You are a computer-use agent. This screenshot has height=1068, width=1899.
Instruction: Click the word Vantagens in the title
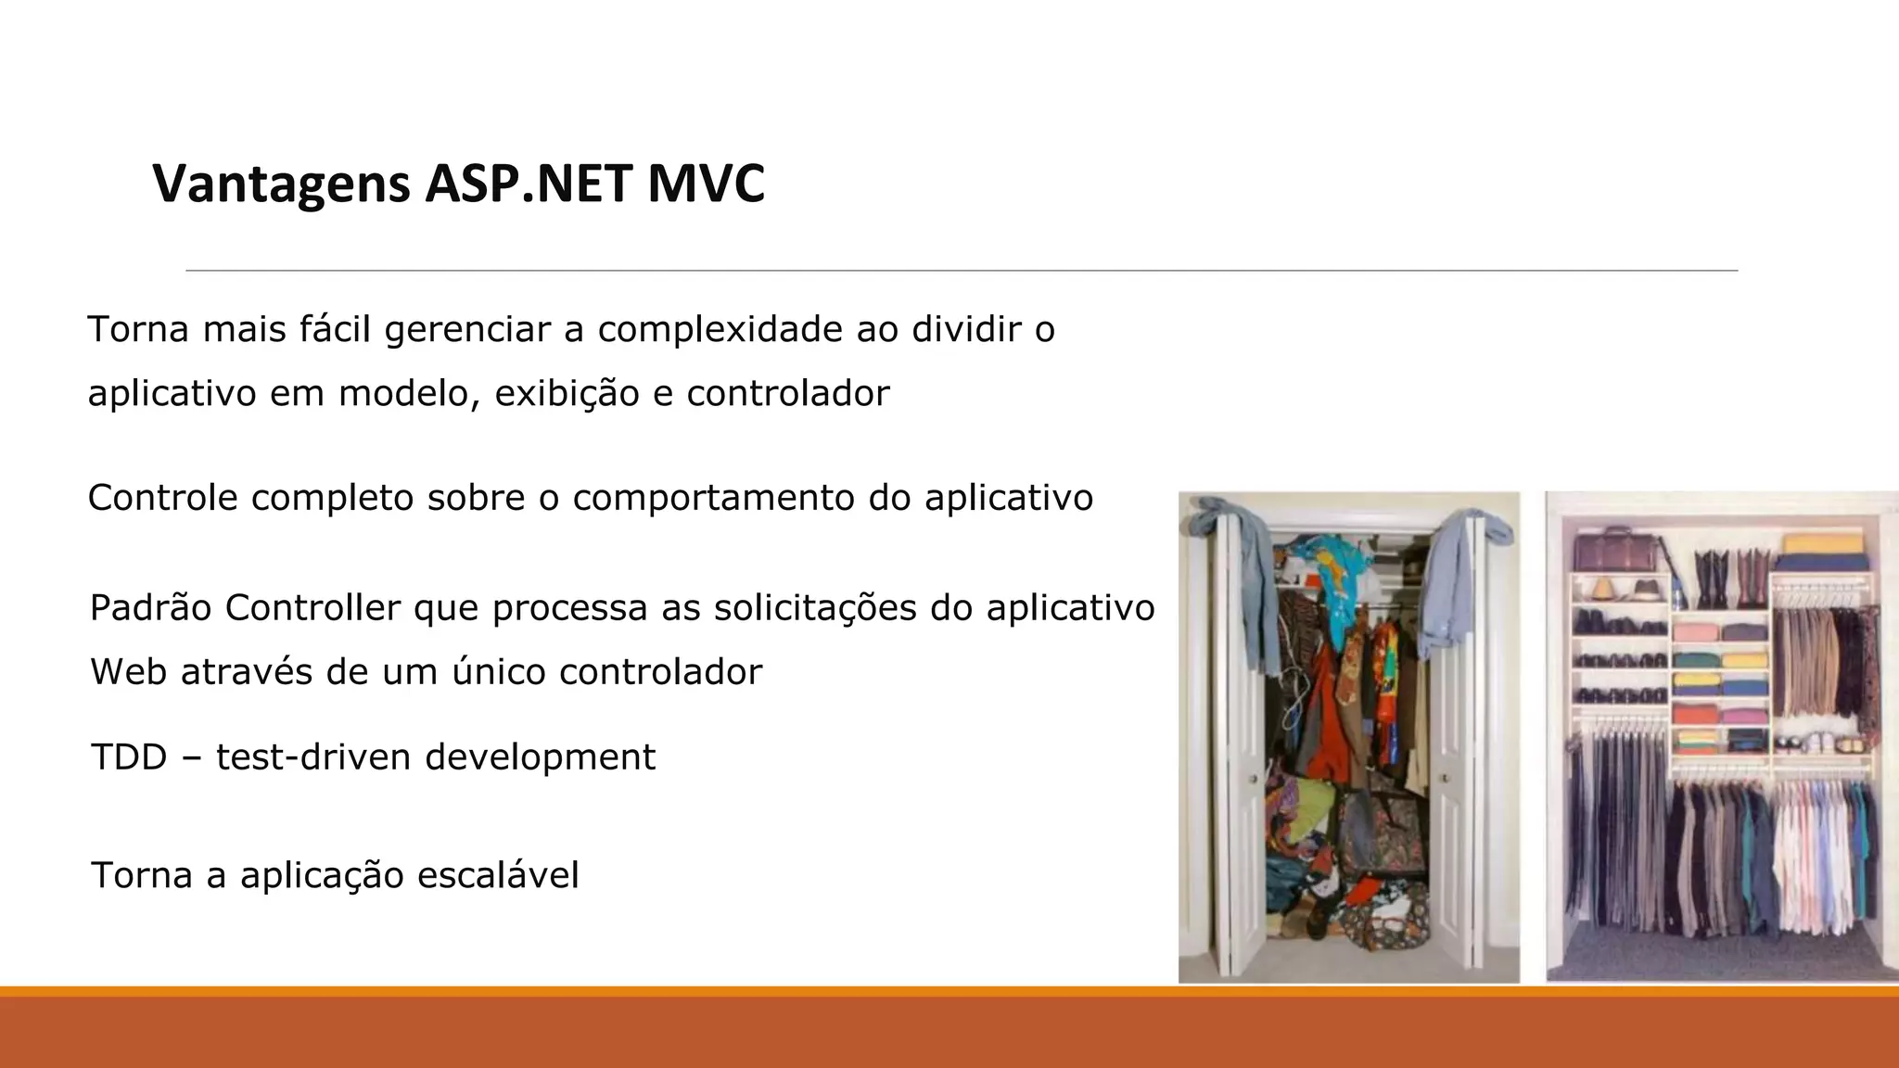pyautogui.click(x=281, y=184)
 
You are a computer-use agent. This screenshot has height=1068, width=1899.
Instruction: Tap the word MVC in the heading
pyautogui.click(x=706, y=184)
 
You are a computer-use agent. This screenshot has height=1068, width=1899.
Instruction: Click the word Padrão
pyautogui.click(x=150, y=608)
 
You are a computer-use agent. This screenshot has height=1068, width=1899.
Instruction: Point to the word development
pyautogui.click(x=540, y=757)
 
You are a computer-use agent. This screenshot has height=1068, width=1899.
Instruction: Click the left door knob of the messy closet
pyautogui.click(x=1253, y=779)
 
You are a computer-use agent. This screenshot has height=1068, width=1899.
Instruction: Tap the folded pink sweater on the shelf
pyautogui.click(x=1696, y=632)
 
